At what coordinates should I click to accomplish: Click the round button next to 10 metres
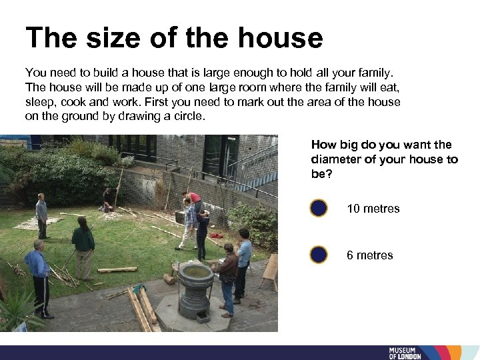[x=319, y=209]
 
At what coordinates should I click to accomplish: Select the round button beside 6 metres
[x=319, y=255]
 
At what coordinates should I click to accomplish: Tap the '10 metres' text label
[x=373, y=209]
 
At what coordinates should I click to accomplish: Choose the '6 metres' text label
[x=369, y=255]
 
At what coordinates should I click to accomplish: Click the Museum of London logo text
[x=405, y=353]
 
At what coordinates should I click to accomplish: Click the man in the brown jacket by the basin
[x=228, y=277]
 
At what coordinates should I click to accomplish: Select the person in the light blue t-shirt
[x=244, y=263]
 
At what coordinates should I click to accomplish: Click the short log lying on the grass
[x=117, y=270]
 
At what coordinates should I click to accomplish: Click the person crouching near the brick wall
[x=107, y=199]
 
